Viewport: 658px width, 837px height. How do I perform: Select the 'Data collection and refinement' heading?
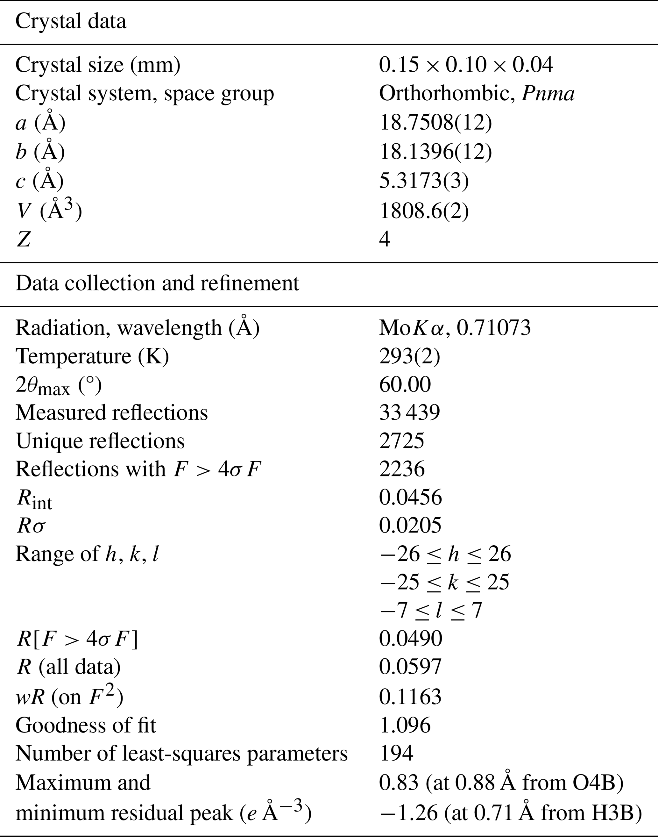[157, 283]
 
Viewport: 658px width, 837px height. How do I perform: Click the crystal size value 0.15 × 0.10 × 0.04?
[466, 65]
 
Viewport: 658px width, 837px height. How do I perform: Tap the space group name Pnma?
[548, 94]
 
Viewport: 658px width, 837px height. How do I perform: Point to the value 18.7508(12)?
[435, 123]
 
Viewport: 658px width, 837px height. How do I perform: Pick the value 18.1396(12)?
[435, 152]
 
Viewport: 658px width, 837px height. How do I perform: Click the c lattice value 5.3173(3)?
[424, 180]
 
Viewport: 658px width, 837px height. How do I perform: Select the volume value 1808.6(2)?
[424, 211]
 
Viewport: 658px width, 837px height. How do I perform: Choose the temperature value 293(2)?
[409, 356]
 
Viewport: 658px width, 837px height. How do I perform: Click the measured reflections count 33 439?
[409, 412]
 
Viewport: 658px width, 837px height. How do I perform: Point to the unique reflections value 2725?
[401, 441]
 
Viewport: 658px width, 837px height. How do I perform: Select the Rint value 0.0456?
[410, 497]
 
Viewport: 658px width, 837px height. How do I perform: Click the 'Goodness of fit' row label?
[86, 725]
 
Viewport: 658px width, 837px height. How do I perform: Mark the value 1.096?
[405, 725]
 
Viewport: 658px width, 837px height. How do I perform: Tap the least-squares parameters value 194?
[396, 753]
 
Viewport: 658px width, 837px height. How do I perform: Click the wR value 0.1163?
[410, 697]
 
